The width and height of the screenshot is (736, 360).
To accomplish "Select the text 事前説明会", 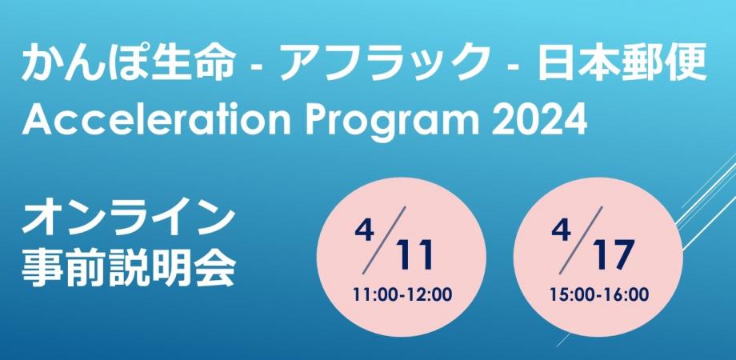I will [x=129, y=268].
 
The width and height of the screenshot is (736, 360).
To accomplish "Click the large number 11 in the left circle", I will [x=415, y=255].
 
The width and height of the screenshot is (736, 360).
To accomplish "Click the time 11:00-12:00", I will [x=402, y=294].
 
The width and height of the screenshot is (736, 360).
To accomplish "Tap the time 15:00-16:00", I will [x=599, y=294].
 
